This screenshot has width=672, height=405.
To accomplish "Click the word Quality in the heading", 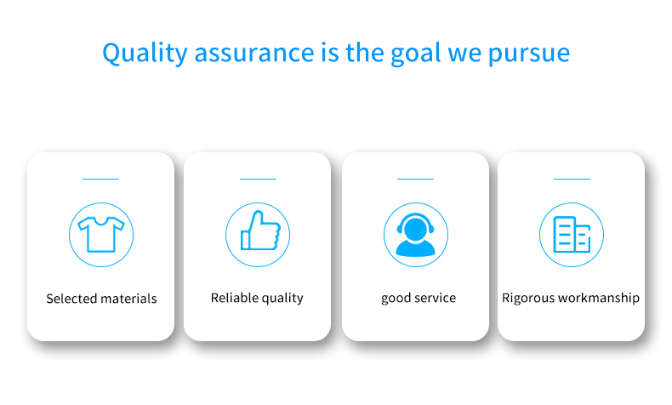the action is [x=145, y=54].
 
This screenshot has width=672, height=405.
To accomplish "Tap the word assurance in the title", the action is [x=254, y=53].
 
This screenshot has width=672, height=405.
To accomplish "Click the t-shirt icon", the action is [x=101, y=235].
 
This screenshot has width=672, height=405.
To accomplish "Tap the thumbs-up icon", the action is [x=259, y=231].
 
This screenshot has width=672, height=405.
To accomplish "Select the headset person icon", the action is [x=416, y=235].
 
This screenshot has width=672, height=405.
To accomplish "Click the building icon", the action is [x=572, y=235].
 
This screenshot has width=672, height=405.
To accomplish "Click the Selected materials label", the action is [x=101, y=299].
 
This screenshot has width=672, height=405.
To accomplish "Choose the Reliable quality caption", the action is [x=257, y=298].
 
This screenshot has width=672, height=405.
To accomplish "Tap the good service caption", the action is [x=419, y=298].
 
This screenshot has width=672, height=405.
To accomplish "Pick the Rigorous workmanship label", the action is [x=571, y=298].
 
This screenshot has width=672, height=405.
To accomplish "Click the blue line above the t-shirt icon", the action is [x=100, y=179].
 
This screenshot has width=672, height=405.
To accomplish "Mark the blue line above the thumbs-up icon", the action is [x=258, y=179].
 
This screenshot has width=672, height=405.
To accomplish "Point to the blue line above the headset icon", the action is [x=415, y=179].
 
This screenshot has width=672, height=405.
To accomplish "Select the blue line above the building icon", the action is [x=572, y=179].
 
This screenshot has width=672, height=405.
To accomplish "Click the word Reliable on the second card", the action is [x=233, y=298].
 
